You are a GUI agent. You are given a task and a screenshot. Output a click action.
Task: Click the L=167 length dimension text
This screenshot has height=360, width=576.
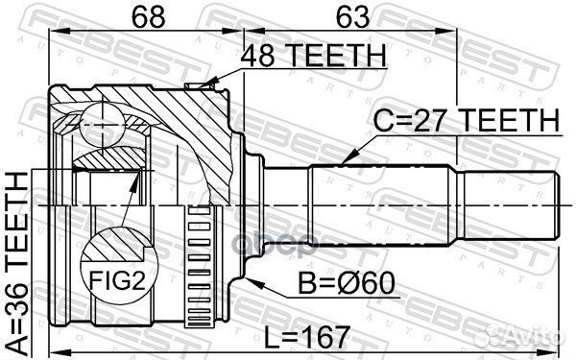(x=309, y=338)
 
